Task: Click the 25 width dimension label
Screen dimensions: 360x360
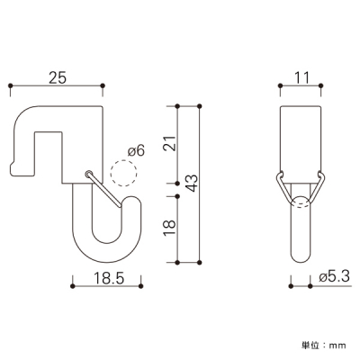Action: (58, 77)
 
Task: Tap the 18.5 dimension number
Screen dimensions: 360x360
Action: (109, 278)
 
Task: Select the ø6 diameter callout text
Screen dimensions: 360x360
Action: (136, 150)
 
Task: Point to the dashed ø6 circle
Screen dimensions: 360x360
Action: (123, 173)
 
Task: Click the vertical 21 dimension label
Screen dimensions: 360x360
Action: (170, 143)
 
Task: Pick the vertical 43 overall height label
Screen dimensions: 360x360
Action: (192, 183)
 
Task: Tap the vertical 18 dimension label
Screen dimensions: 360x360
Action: (170, 229)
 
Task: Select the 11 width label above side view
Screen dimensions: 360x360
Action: (301, 77)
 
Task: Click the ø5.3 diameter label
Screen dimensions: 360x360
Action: (335, 277)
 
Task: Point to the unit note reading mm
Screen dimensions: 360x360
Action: (337, 346)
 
